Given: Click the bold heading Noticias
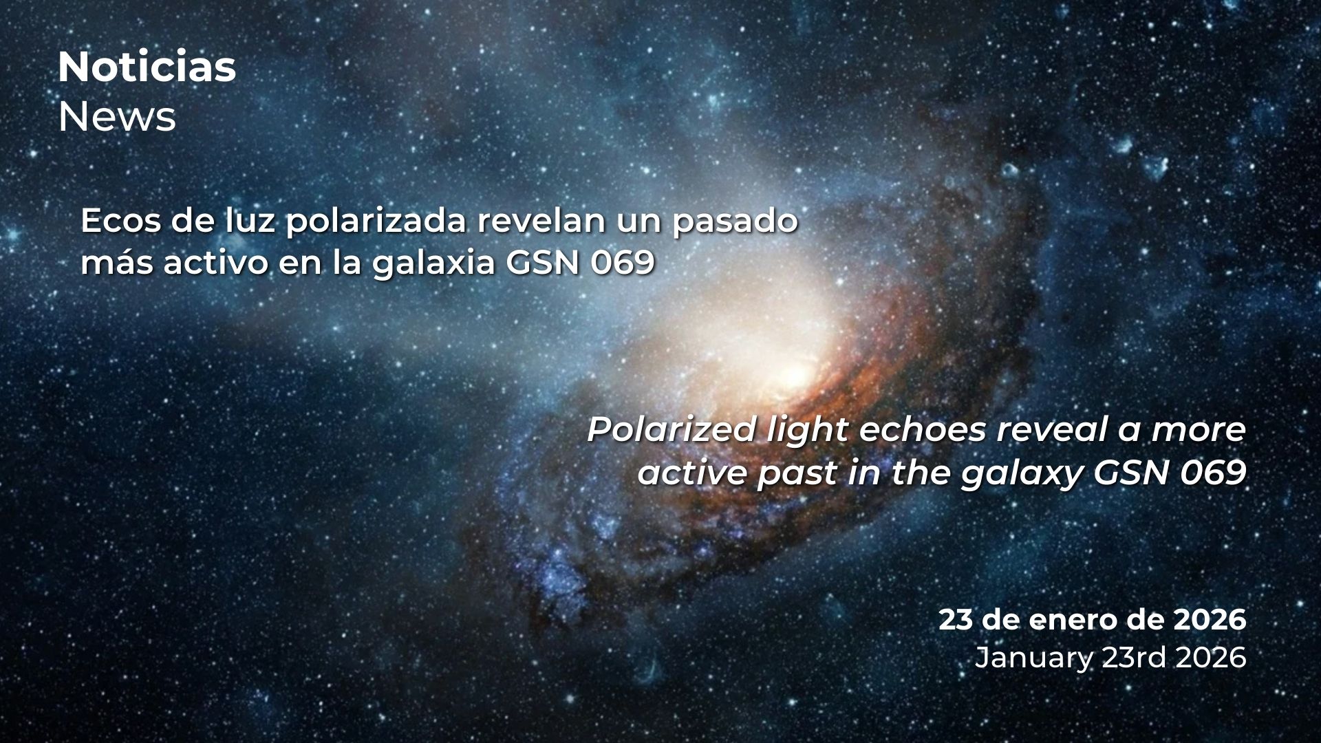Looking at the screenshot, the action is tap(147, 67).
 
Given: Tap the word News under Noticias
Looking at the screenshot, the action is tap(117, 117).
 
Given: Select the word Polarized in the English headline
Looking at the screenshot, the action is tap(671, 431).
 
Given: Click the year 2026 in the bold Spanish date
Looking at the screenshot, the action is tap(1210, 621).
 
